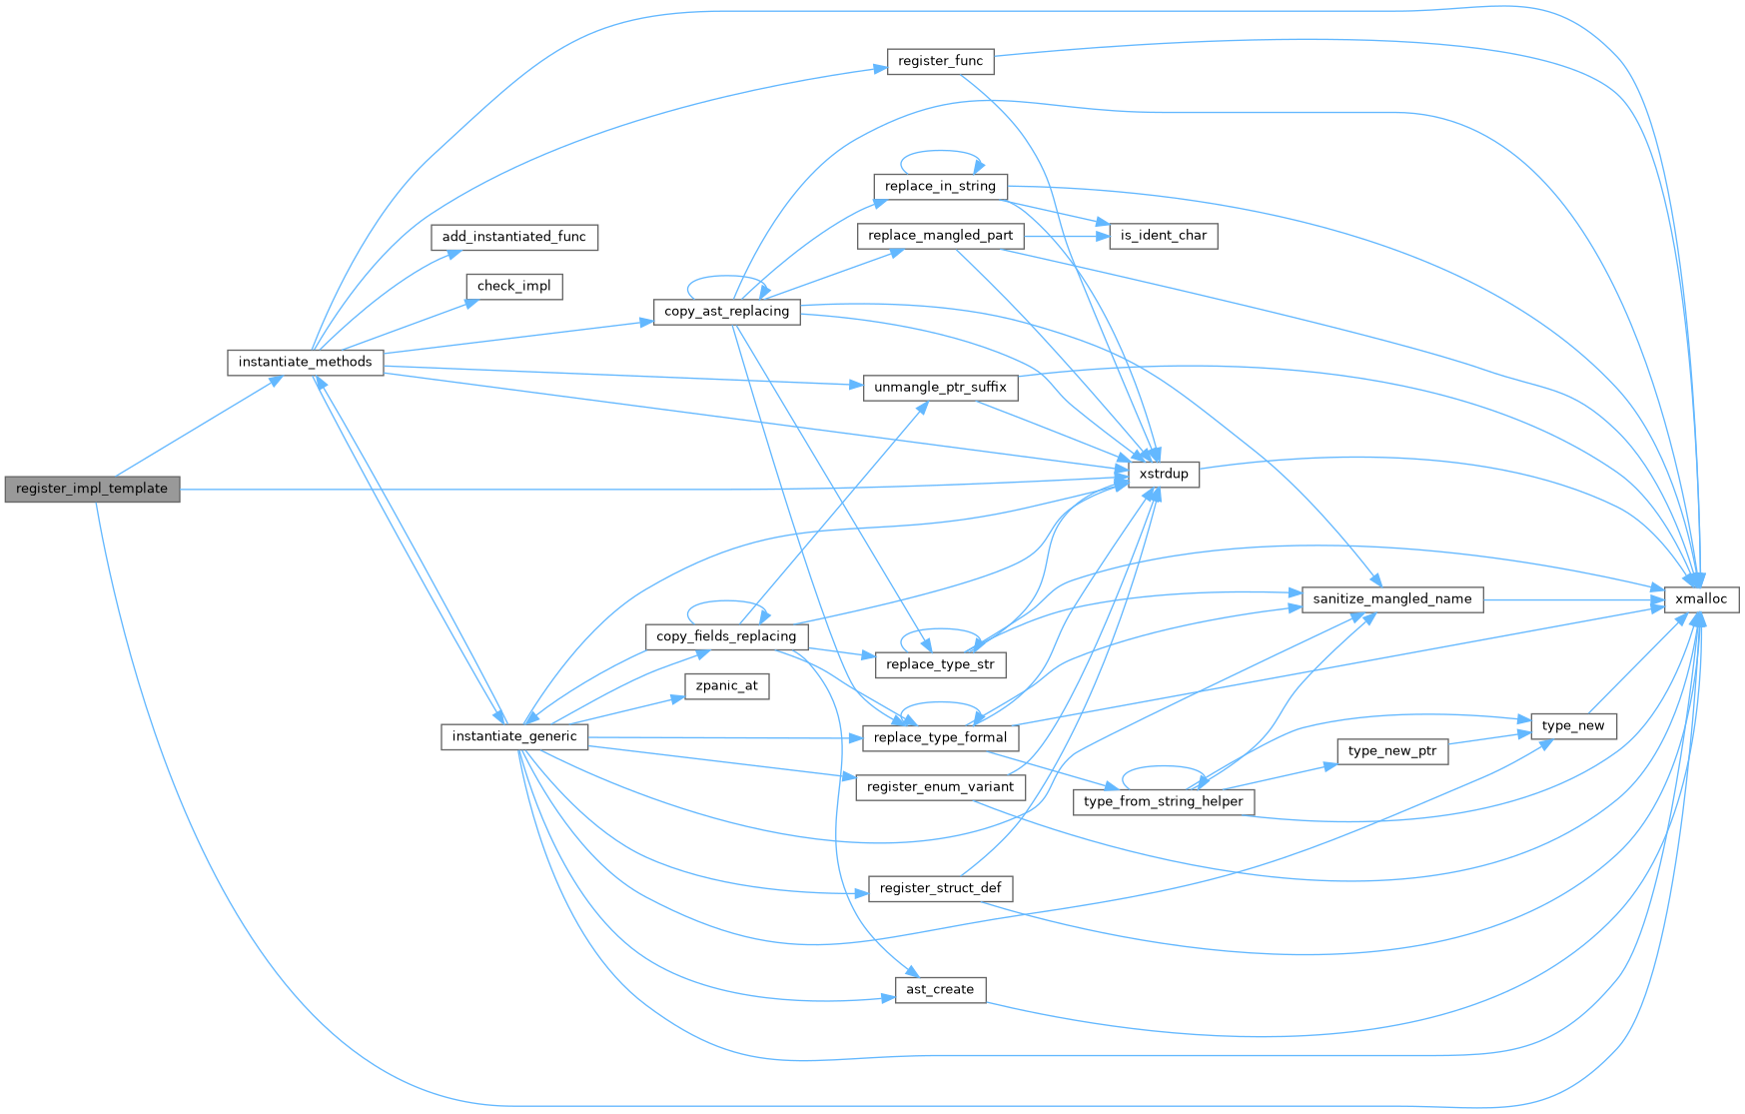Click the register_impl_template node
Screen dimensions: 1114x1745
(x=92, y=489)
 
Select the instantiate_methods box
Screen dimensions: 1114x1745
(x=305, y=362)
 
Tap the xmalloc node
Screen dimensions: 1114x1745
(x=1700, y=599)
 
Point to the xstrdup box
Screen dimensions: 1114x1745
(x=1164, y=474)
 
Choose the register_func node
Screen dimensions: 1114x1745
(x=940, y=61)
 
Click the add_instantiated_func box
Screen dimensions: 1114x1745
(x=514, y=237)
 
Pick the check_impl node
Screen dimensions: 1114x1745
(x=514, y=287)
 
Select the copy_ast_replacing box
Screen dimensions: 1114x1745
(x=726, y=312)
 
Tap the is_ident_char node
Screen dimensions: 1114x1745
(x=1164, y=236)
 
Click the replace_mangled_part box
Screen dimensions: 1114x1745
(x=940, y=236)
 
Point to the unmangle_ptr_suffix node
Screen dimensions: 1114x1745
(x=940, y=388)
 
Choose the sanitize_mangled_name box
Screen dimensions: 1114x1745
(x=1391, y=599)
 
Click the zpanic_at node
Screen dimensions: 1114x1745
(x=726, y=686)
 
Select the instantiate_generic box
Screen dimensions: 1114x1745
(x=514, y=737)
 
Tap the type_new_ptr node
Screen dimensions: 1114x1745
(x=1391, y=751)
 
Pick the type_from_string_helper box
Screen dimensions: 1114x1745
(x=1163, y=801)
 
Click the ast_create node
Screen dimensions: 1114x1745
(x=940, y=990)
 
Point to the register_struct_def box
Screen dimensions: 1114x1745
(x=940, y=888)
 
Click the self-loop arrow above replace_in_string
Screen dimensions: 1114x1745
(x=940, y=152)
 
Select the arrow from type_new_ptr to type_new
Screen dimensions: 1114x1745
(x=1489, y=737)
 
